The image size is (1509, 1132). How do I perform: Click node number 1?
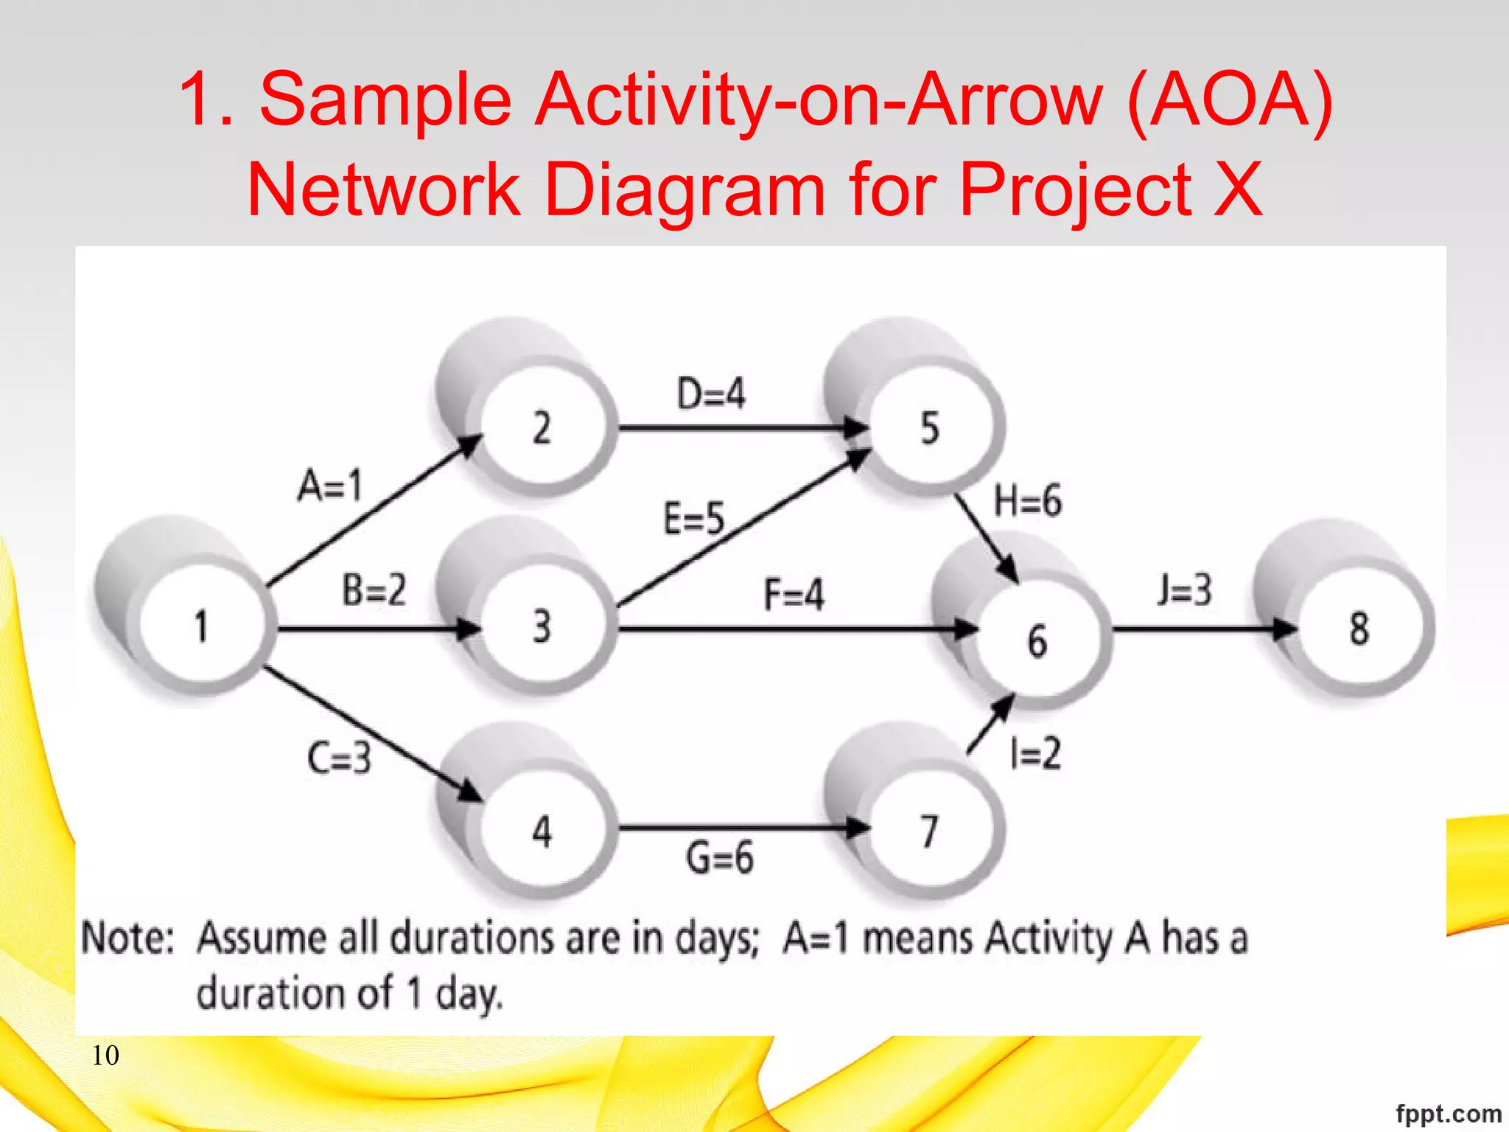point(200,627)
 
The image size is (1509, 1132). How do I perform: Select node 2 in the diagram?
point(542,427)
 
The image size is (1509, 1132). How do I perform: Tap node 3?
point(542,627)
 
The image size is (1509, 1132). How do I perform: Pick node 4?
point(542,831)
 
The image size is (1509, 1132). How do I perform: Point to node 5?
point(930,427)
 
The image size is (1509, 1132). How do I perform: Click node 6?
point(1037,640)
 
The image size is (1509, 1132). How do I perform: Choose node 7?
point(930,831)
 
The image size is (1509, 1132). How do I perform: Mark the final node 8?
point(1359,629)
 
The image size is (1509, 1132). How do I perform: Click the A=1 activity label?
point(330,486)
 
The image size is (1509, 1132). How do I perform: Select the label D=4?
point(711,394)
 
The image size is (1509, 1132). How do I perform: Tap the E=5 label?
point(694,518)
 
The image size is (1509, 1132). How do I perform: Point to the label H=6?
point(1028,501)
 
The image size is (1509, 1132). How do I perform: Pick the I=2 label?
point(1035,754)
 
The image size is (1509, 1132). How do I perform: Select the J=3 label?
point(1184,590)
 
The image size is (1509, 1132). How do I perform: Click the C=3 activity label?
point(339,758)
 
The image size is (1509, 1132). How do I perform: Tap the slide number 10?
point(105,1055)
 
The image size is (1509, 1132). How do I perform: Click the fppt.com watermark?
point(1448,1113)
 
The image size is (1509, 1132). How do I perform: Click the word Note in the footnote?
point(127,938)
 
